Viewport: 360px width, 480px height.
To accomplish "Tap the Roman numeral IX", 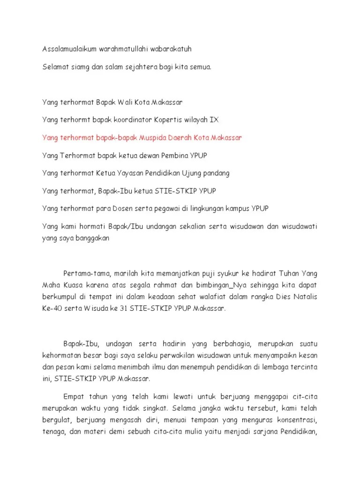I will pos(213,120).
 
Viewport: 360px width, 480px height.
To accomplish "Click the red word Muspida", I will pos(158,137).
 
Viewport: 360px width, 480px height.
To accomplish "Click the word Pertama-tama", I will pos(84,273).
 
